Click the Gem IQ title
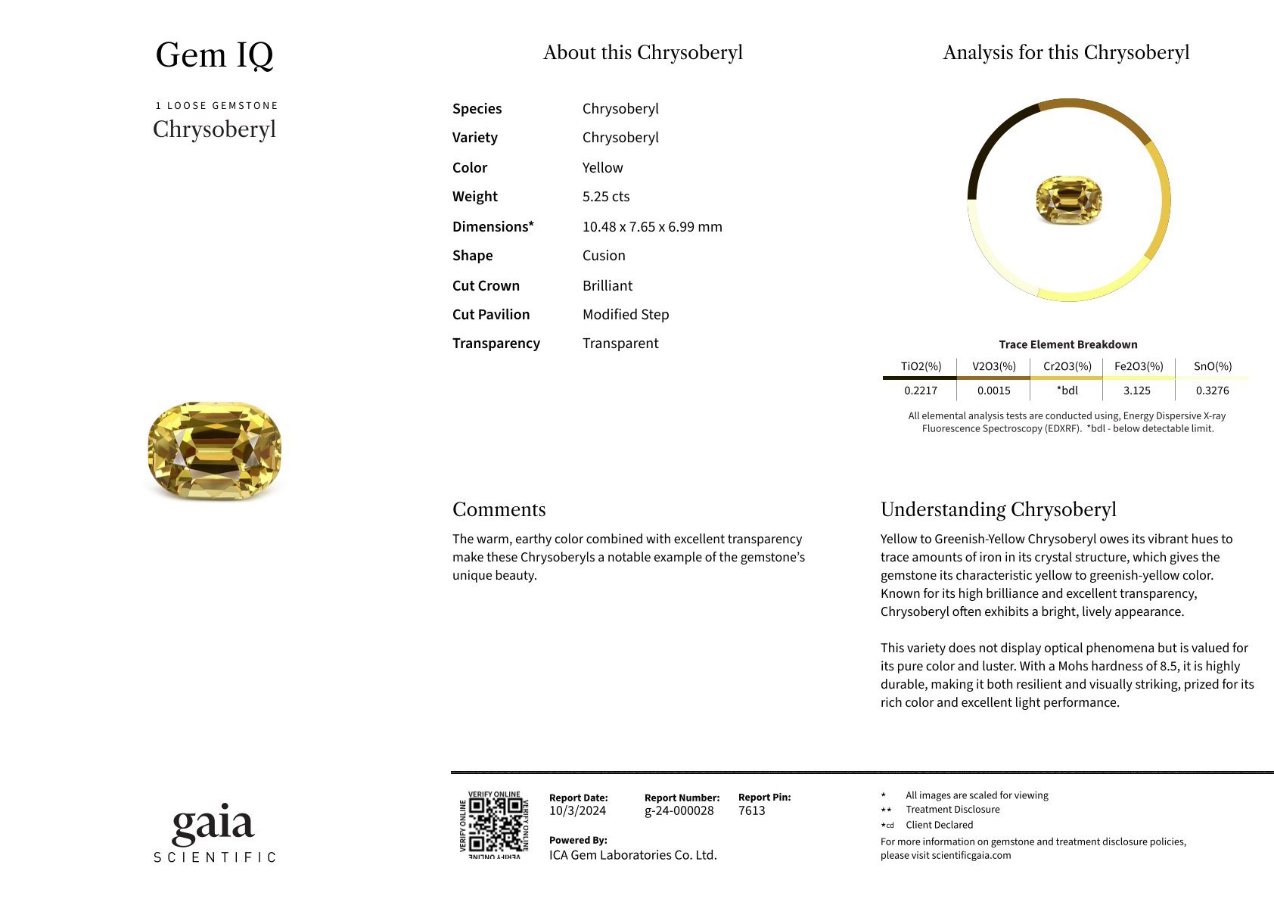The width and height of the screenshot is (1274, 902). (x=214, y=54)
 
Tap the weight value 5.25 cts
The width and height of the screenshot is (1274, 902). (x=605, y=197)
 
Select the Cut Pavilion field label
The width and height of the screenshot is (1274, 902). (x=490, y=315)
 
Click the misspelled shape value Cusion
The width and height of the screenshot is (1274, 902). (x=603, y=256)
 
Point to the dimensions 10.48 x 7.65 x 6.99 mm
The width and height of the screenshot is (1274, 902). (x=651, y=227)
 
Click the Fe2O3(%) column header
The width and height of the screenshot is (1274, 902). (x=1138, y=366)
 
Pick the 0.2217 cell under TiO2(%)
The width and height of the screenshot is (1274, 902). (x=920, y=390)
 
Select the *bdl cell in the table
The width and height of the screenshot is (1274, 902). (x=1067, y=390)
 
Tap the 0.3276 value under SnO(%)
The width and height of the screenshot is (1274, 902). (x=1212, y=390)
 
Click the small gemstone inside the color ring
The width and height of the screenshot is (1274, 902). (x=1068, y=200)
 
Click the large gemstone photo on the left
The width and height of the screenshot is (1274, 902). (x=215, y=451)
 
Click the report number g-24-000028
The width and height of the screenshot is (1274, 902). (x=679, y=811)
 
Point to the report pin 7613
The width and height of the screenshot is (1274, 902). (x=751, y=811)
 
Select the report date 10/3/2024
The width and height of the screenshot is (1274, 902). (x=577, y=811)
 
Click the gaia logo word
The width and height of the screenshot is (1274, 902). (x=213, y=825)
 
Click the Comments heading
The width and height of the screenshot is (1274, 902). (x=499, y=509)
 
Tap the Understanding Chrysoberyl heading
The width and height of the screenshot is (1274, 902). (x=998, y=509)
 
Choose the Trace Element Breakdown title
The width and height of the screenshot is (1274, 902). (x=1067, y=344)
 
